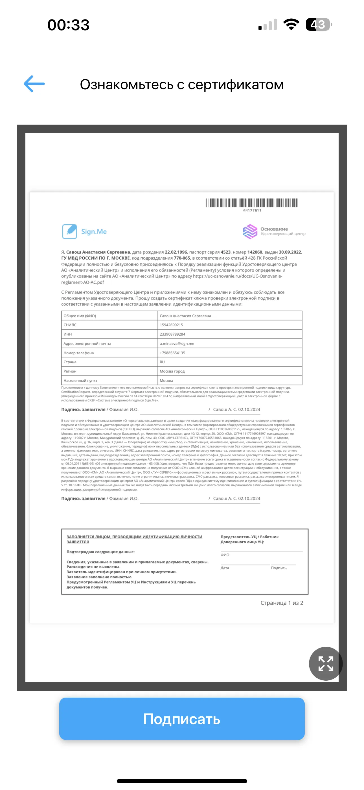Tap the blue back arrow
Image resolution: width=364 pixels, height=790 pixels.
click(x=34, y=84)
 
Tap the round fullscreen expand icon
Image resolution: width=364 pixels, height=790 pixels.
click(x=325, y=663)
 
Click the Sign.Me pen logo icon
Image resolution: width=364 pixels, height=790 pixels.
click(x=69, y=231)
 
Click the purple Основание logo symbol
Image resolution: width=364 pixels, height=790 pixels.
click(x=250, y=231)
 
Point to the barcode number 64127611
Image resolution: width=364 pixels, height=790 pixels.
click(x=252, y=210)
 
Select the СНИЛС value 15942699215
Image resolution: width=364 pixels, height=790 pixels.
click(x=171, y=325)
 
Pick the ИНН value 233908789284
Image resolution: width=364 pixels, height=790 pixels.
click(x=172, y=334)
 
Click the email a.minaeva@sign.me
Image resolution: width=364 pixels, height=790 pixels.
click(x=177, y=344)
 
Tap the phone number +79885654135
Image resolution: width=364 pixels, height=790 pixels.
click(x=172, y=353)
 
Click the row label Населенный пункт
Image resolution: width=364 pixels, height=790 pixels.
click(x=80, y=381)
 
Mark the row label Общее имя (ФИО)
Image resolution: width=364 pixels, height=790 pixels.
click(x=80, y=316)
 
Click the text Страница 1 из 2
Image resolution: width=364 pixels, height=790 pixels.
click(x=282, y=603)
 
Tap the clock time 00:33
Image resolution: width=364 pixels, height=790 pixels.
click(x=68, y=25)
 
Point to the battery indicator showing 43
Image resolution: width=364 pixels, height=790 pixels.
click(x=318, y=25)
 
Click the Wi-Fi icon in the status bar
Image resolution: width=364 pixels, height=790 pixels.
click(x=291, y=25)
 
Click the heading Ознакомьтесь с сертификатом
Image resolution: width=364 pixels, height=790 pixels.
click(x=182, y=84)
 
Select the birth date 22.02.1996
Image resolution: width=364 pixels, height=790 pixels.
click(x=176, y=252)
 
